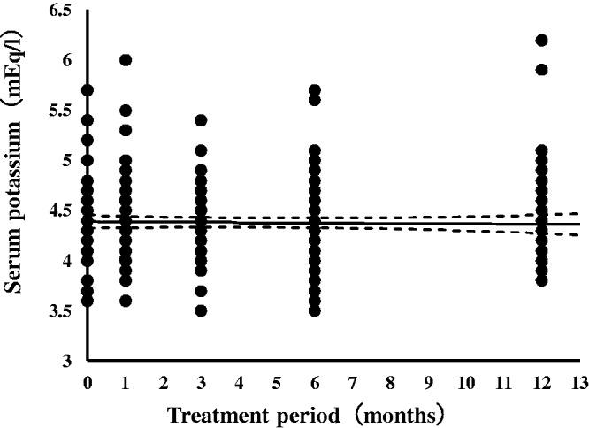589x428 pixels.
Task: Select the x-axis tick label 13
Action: coord(580,380)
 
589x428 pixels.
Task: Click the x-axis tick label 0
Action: coord(88,380)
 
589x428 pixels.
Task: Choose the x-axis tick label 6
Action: coord(315,380)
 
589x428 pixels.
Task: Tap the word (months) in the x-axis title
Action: coord(397,412)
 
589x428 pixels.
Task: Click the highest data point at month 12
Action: coord(542,40)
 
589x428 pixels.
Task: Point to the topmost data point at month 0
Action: coord(88,90)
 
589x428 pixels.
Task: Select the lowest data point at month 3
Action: coord(202,310)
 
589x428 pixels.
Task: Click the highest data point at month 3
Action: coord(202,120)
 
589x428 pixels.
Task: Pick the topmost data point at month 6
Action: coord(315,90)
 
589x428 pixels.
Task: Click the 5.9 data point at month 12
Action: coord(542,70)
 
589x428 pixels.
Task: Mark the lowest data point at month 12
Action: coord(542,280)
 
